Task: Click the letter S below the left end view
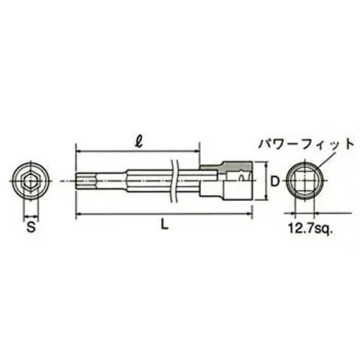pos(30,228)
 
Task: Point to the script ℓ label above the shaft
pos(137,138)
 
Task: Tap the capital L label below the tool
pos(165,227)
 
